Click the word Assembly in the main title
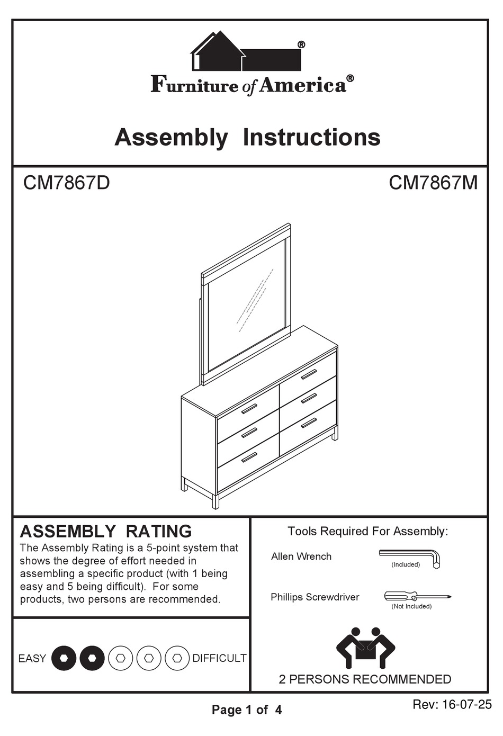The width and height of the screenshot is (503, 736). point(171,137)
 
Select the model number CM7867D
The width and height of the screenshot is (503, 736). point(66,183)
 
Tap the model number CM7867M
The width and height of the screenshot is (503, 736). point(433,183)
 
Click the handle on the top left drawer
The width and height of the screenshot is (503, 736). point(249,409)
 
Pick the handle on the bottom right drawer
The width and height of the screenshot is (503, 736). point(308,423)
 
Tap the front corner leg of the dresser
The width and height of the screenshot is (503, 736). point(215,501)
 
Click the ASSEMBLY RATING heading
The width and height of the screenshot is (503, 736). point(106,531)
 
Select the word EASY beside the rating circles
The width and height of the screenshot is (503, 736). point(32,658)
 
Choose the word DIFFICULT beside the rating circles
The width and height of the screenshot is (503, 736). point(219,658)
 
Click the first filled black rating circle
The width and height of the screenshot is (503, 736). point(64,658)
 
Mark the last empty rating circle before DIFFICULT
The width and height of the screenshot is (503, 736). point(177,658)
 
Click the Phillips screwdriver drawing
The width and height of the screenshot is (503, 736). point(417,597)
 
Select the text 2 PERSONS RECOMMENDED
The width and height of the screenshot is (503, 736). point(365,679)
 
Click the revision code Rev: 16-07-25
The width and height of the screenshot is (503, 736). point(452,705)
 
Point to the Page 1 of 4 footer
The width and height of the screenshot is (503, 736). point(247,710)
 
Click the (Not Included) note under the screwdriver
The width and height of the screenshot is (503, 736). point(411,606)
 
